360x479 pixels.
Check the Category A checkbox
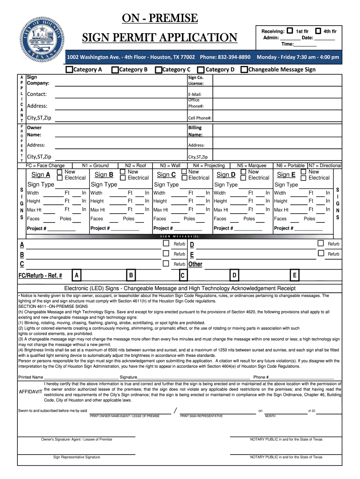[x=69, y=70]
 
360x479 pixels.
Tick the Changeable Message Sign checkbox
[x=244, y=70]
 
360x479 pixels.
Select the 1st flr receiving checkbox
[x=290, y=31]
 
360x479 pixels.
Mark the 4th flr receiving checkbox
[x=318, y=31]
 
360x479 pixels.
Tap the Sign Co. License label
[x=195, y=80]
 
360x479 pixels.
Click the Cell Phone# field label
[x=200, y=118]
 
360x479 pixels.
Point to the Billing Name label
[x=195, y=131]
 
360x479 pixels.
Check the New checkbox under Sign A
[x=59, y=172]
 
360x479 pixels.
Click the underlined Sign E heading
[x=286, y=175]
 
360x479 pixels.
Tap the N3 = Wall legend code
[x=170, y=166]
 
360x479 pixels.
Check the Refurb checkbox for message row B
[x=166, y=253]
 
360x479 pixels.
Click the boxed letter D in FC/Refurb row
[x=234, y=275]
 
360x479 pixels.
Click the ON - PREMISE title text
[x=160, y=18]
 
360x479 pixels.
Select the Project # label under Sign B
[x=101, y=228]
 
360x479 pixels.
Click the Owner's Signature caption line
[x=77, y=439]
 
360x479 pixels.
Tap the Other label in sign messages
[x=195, y=264]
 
